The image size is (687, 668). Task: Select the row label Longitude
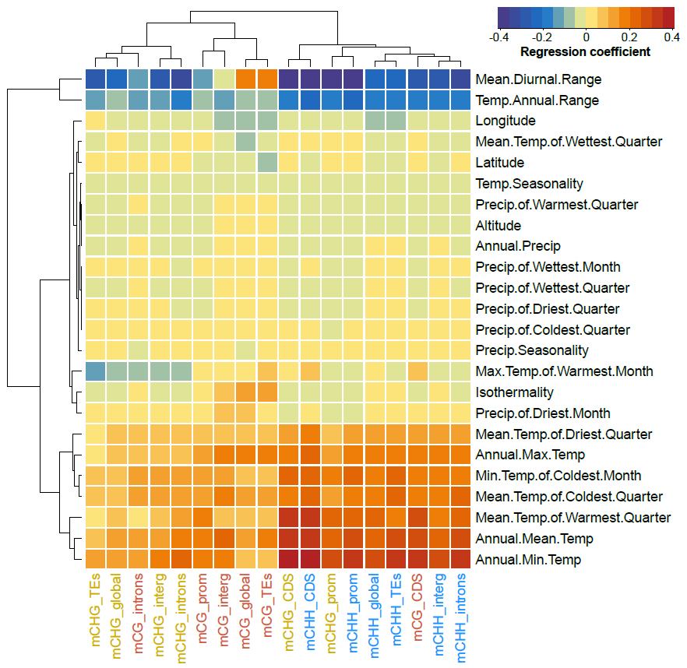[505, 121]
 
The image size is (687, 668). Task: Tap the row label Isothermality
[514, 392]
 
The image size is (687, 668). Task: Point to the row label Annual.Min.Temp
[528, 560]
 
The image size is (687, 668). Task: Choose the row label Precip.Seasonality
[531, 350]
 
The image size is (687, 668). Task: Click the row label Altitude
[498, 226]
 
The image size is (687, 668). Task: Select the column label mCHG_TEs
[96, 615]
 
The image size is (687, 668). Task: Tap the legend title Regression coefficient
[585, 51]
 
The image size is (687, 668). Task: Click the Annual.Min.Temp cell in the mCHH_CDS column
[310, 560]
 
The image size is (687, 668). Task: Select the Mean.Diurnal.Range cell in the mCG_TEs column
[267, 79]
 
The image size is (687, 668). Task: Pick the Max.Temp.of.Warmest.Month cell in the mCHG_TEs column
[96, 371]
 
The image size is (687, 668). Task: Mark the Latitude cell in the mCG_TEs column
[267, 163]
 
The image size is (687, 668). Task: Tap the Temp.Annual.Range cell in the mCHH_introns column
[460, 100]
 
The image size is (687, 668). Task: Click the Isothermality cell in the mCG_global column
[246, 392]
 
